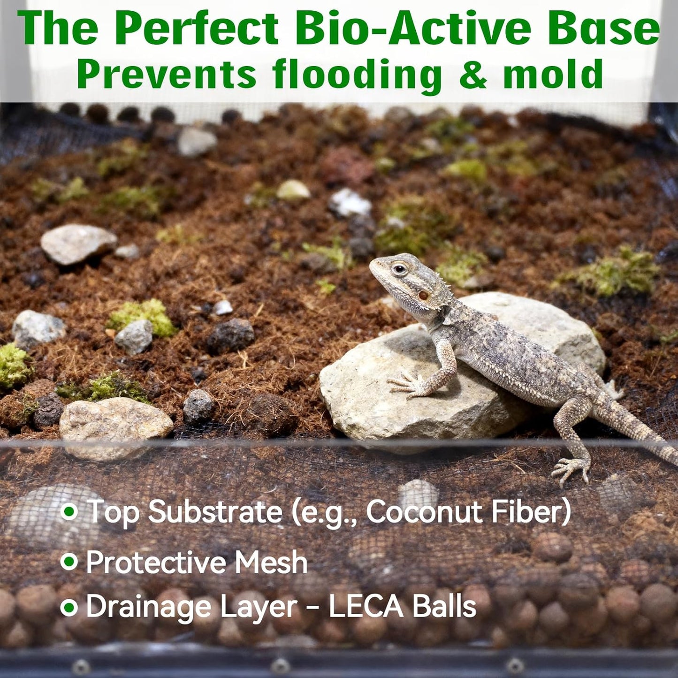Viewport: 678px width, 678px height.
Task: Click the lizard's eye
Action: point(399,269)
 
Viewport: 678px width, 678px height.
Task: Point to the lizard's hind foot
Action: point(571,469)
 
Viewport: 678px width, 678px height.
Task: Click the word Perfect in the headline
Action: point(197,29)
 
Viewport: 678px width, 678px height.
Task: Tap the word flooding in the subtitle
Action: point(357,74)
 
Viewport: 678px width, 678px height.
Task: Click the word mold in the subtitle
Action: point(553,74)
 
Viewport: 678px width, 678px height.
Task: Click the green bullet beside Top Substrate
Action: point(69,511)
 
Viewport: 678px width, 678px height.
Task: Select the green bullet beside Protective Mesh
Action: point(69,561)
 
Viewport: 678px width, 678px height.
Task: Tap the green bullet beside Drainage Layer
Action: point(69,607)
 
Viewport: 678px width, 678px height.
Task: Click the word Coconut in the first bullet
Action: point(426,511)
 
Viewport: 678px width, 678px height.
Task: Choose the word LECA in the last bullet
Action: point(366,607)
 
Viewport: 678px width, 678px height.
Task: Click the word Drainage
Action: point(149,608)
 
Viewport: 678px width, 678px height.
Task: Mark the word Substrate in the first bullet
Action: point(215,511)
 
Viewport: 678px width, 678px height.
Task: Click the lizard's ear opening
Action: point(423,295)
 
